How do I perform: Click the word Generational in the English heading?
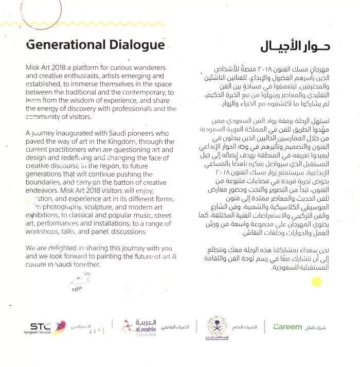(60, 45)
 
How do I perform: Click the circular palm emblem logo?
(217, 327)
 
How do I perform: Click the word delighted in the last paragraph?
(62, 248)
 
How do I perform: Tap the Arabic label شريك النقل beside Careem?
(325, 327)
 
